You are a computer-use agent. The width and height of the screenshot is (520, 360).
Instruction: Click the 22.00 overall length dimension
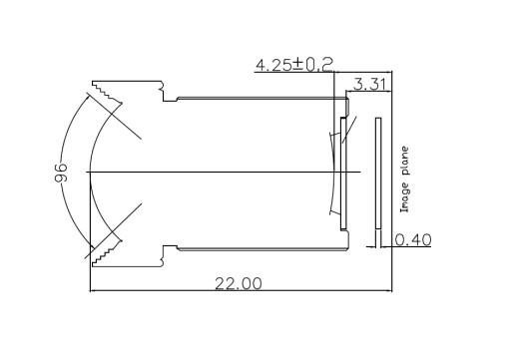[x=239, y=283]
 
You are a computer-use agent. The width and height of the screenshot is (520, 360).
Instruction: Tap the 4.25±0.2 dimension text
[x=294, y=65]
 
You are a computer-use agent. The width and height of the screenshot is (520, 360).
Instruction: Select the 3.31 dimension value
[x=369, y=84]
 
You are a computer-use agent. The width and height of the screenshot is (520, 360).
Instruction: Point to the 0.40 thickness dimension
[x=413, y=239]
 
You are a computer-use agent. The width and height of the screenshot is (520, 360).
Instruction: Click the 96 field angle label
[x=61, y=173]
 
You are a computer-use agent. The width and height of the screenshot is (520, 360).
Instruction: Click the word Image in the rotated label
[x=404, y=197]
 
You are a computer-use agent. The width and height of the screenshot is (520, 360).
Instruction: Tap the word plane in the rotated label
[x=404, y=161]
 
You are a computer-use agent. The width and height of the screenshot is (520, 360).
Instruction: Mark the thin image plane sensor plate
[x=378, y=173]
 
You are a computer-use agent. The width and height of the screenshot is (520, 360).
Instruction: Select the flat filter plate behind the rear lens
[x=343, y=174]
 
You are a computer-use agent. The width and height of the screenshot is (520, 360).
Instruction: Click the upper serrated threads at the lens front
[x=107, y=92]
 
